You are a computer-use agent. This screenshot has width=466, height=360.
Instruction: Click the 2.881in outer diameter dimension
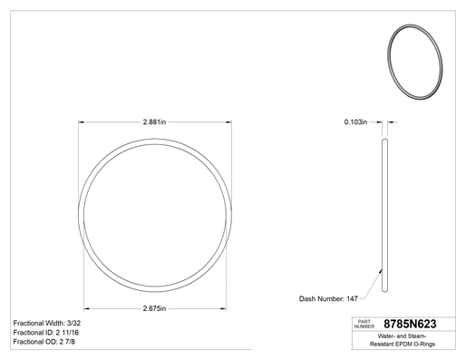[x=154, y=122]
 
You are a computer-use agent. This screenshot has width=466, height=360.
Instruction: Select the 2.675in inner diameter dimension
[x=154, y=308]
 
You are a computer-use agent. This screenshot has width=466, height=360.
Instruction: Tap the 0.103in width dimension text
[x=355, y=122]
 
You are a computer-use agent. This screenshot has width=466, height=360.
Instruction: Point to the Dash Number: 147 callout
[x=328, y=299]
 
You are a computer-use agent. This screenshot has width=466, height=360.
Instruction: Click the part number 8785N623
[x=410, y=324]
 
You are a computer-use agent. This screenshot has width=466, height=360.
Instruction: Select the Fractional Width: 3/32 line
[x=47, y=323]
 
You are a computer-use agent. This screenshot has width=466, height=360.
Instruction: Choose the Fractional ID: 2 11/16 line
[x=46, y=333]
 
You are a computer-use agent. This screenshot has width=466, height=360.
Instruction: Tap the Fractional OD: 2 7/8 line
[x=44, y=342]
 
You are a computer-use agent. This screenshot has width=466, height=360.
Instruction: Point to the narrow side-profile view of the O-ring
[x=384, y=215]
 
